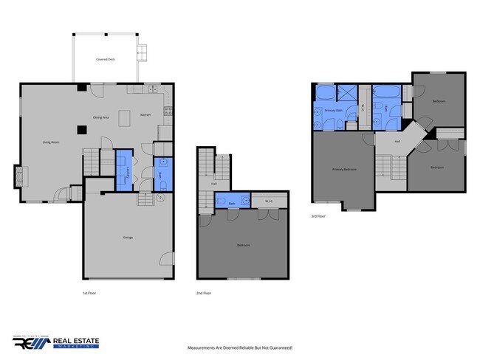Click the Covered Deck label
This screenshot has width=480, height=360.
105,59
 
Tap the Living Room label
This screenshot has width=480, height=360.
50,142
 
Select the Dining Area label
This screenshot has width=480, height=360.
101,117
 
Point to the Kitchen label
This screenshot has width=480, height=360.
145,114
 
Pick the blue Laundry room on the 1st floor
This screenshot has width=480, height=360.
124,171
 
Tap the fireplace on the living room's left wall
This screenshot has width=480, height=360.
21,178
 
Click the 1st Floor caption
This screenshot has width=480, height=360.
89,294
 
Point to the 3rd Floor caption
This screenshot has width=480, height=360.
317,216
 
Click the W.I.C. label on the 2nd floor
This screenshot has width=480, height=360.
268,202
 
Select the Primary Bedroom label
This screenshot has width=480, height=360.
344,169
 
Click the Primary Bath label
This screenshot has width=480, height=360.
333,111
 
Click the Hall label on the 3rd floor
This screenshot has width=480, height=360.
397,141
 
